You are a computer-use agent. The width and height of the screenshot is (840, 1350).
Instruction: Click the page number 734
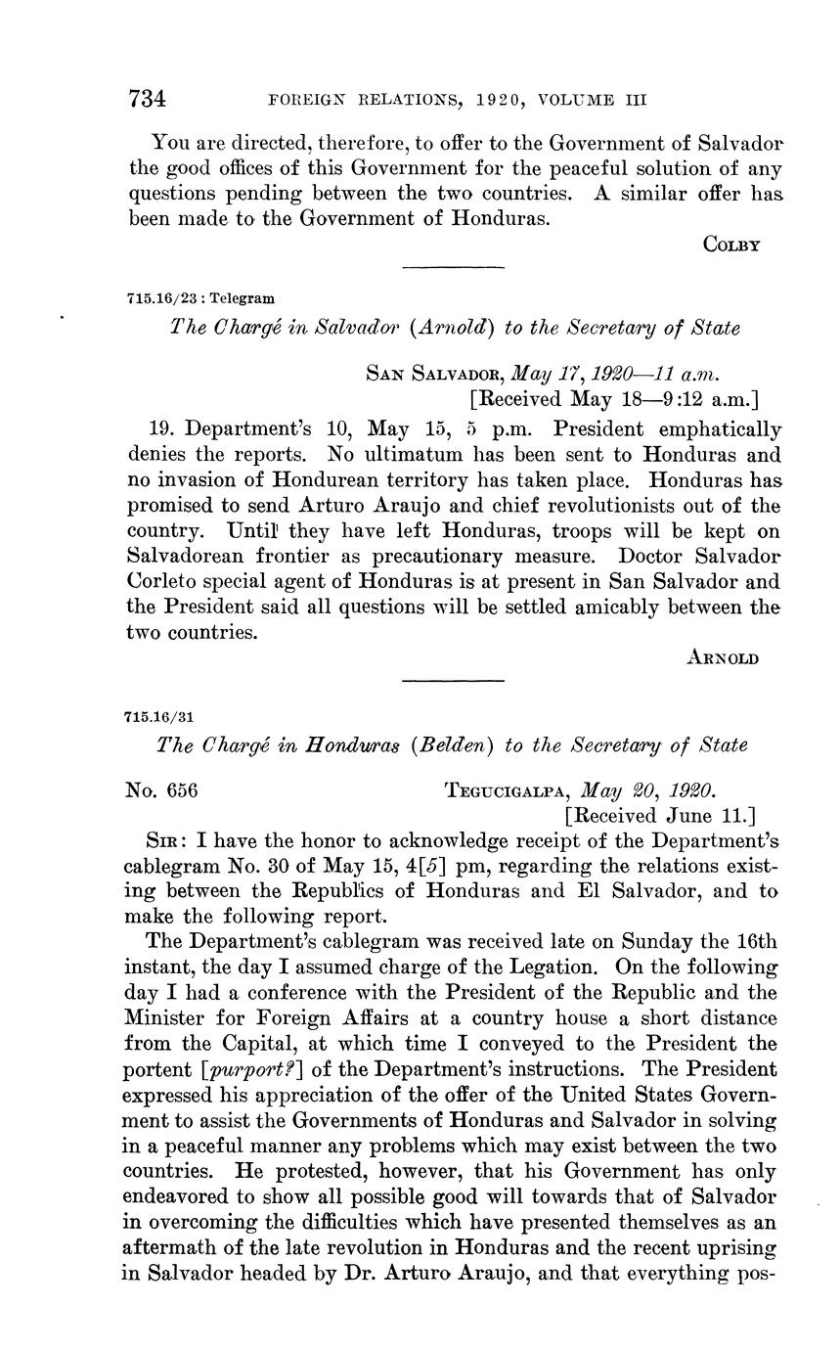pos(148,99)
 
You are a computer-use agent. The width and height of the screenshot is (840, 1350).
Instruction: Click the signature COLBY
pos(731,246)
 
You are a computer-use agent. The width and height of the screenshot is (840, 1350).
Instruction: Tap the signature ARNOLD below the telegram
pos(725,658)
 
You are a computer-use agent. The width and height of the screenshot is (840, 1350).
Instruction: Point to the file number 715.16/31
pos(159,715)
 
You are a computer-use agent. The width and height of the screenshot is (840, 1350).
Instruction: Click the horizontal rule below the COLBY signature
pos(453,267)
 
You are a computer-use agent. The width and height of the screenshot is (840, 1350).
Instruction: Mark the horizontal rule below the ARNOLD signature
pos(453,681)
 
